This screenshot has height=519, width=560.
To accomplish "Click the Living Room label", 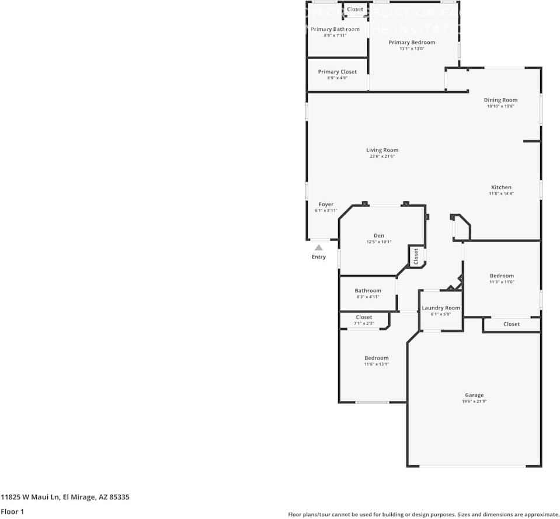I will click(382, 150).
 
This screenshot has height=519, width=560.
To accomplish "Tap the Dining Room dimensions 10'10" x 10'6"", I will click(500, 106).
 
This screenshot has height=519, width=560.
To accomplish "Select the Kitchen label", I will click(501, 187).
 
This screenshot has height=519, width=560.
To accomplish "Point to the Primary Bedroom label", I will click(412, 42).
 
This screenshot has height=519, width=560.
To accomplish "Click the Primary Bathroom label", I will click(335, 29).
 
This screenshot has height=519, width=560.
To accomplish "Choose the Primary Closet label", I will click(337, 72).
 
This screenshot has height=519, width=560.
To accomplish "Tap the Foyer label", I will click(326, 204).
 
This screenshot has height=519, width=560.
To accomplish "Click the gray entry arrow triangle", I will click(319, 248).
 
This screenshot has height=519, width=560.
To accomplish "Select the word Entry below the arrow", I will click(319, 257).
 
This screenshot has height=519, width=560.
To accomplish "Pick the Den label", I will click(379, 235).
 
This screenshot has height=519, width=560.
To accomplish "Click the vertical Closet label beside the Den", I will click(416, 256).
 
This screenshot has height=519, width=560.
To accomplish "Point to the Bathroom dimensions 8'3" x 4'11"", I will click(368, 297).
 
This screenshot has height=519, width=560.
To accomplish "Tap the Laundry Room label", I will click(441, 308).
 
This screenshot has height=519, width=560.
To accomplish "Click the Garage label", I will click(474, 395).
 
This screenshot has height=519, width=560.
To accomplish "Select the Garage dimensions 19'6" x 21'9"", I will click(474, 402).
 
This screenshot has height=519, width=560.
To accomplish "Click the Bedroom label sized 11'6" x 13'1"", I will click(377, 358).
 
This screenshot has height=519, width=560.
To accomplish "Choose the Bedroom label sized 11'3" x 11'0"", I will click(502, 276).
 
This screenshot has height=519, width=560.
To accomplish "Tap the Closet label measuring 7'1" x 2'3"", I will click(364, 323).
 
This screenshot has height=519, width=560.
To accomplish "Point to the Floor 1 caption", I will click(12, 511).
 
